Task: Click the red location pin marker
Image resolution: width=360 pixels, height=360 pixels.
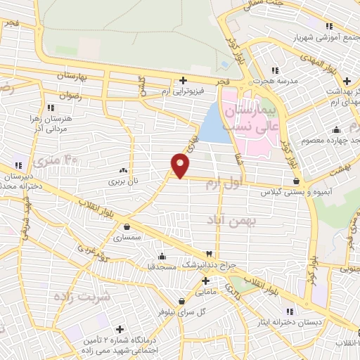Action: pos(181,165)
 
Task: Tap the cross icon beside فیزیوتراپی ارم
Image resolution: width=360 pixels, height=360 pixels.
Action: pos(184,80)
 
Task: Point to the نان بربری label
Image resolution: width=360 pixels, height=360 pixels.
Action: pos(123,181)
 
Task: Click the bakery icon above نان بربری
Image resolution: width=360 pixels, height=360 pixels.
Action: pos(123,170)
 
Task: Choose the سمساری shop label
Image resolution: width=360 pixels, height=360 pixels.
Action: pos(127,238)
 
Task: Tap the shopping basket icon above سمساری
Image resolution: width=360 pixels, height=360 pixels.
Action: pos(127,226)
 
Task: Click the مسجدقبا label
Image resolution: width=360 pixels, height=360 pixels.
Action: pos(162,267)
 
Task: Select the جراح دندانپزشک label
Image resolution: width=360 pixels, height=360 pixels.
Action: pos(209,265)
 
